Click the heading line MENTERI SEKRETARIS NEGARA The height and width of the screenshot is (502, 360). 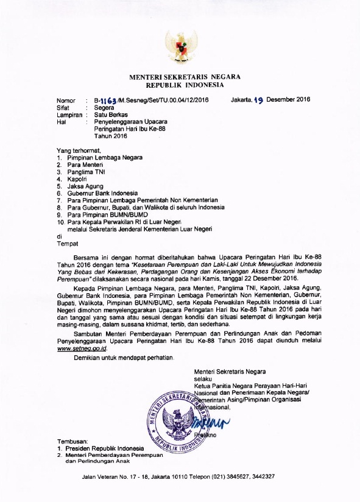pyautogui.click(x=184, y=77)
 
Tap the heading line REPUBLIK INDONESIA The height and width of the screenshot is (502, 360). pyautogui.click(x=184, y=86)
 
